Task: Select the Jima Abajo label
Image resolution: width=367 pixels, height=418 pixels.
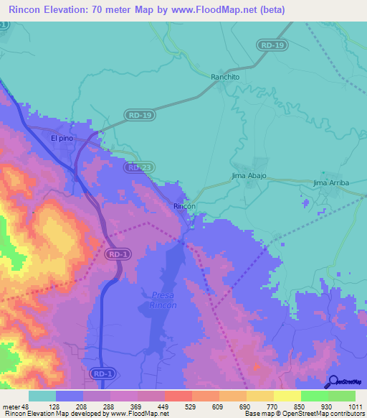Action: pyautogui.click(x=249, y=175)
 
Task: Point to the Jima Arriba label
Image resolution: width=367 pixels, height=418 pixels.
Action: pyautogui.click(x=330, y=183)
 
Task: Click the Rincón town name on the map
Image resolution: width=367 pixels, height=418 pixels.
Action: pyautogui.click(x=183, y=206)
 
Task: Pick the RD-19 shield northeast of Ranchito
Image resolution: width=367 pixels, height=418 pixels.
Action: pyautogui.click(x=272, y=45)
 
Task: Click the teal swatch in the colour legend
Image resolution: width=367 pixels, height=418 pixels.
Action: pyautogui.click(x=42, y=396)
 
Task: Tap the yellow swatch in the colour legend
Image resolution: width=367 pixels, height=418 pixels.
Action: pyautogui.click(x=287, y=396)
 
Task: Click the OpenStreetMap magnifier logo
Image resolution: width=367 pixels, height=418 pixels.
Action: pyautogui.click(x=332, y=381)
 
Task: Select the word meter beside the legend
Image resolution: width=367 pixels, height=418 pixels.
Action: pyautogui.click(x=12, y=406)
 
